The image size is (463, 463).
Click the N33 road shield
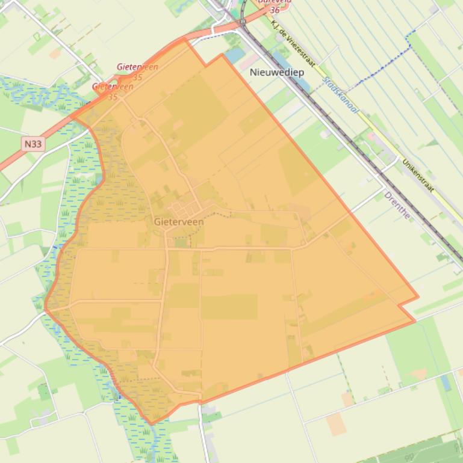33,144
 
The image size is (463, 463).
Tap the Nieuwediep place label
276,72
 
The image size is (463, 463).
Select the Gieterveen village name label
179,222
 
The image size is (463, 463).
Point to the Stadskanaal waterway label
340,95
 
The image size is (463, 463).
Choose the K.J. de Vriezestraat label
294,41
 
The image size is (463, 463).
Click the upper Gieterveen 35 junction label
137,72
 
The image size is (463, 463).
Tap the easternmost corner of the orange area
418,299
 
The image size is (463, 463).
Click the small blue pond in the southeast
446,382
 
